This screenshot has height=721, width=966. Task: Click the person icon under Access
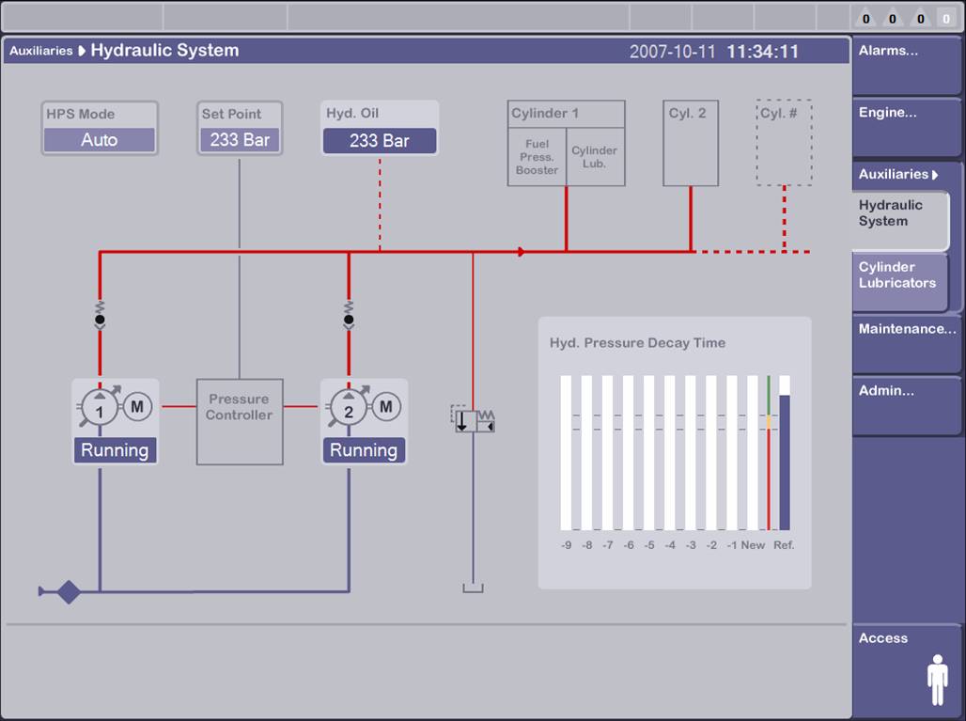937,680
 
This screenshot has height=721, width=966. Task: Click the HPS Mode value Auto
100,140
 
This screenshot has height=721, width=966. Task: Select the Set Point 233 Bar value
240,140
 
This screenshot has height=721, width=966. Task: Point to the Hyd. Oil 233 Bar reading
380,141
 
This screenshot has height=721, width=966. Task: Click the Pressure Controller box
240,421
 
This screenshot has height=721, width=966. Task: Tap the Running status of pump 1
115,450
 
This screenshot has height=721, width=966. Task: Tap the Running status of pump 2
363,450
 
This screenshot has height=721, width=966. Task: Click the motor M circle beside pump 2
385,407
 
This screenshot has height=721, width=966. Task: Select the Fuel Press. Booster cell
537,157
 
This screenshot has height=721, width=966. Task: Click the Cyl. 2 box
691,144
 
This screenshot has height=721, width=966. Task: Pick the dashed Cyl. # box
784,143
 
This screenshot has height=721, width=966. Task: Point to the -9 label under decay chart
567,545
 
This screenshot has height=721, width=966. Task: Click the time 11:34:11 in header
762,52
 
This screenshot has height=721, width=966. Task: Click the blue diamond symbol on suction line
68,592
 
